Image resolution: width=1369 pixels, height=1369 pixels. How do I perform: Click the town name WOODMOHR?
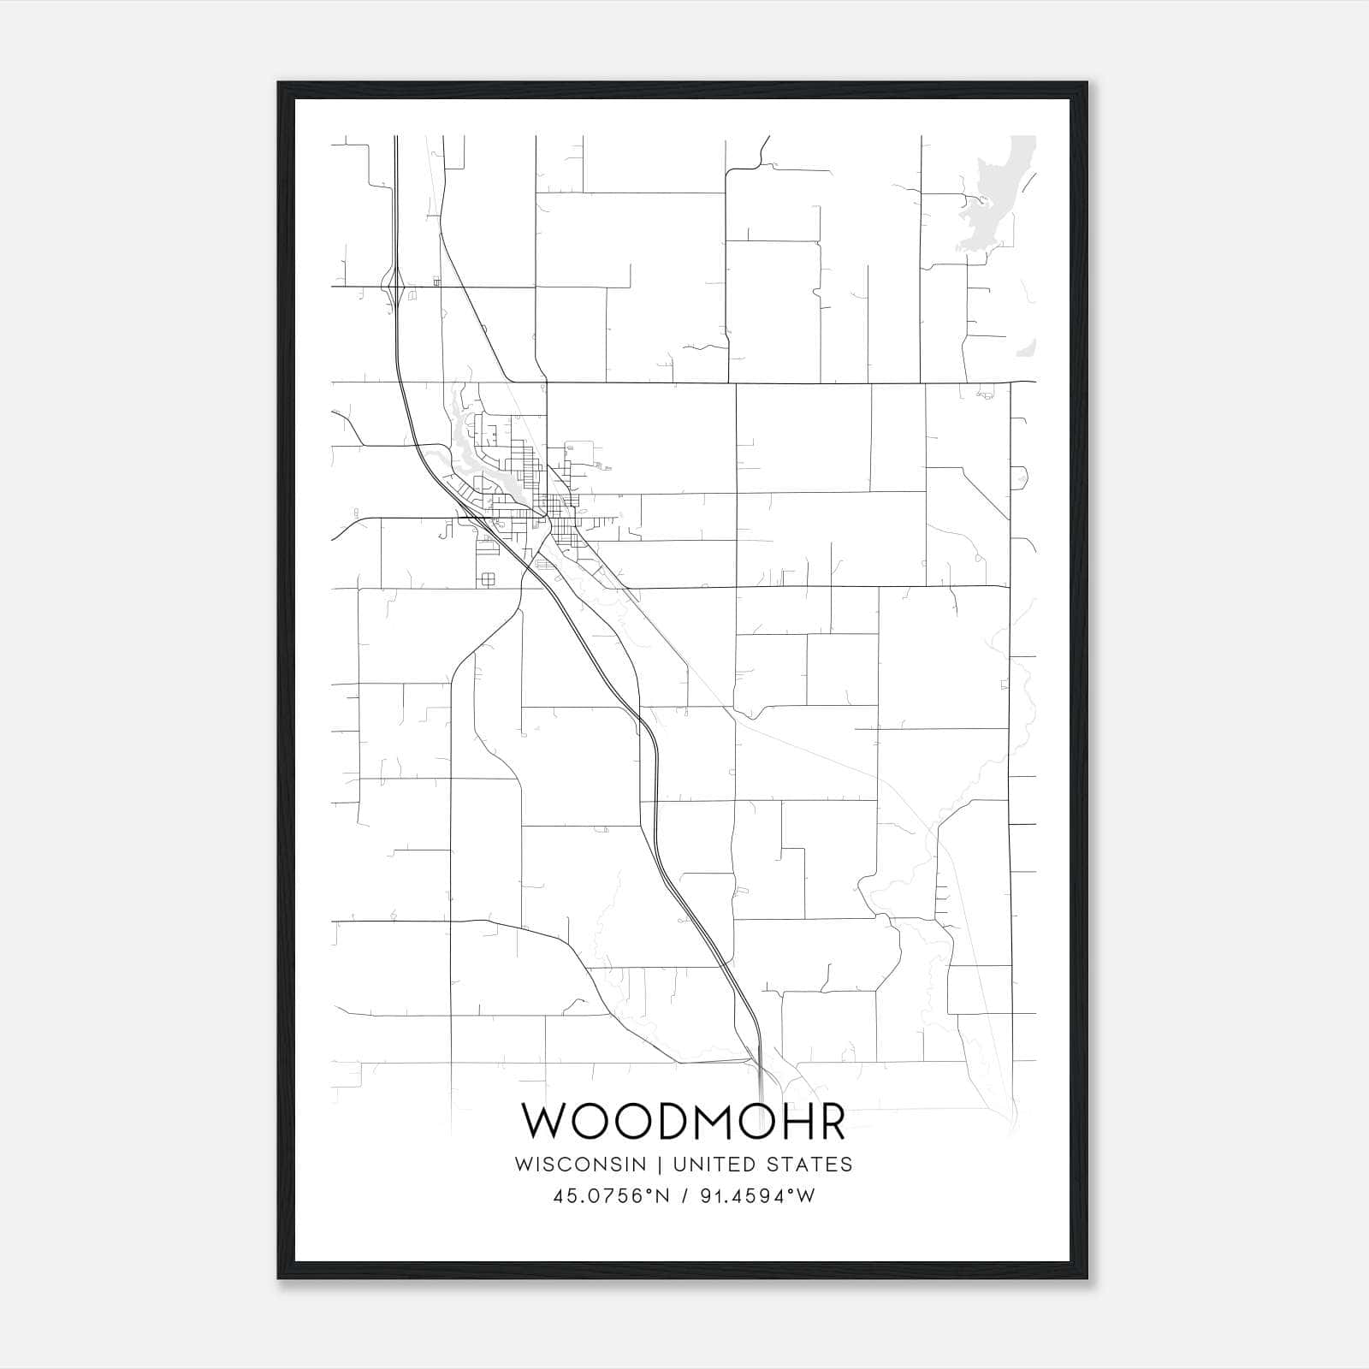click(684, 1122)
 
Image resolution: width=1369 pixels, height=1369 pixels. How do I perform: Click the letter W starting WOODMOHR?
click(545, 1122)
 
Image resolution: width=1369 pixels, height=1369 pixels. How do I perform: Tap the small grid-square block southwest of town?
click(487, 579)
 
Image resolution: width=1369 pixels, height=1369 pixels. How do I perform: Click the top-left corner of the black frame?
click(279, 84)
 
